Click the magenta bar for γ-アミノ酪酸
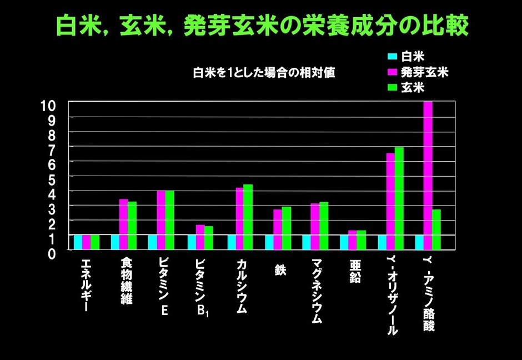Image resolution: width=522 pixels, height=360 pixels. click(428, 175)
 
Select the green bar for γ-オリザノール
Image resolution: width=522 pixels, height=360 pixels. click(399, 198)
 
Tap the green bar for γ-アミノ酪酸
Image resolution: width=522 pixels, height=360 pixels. click(436, 229)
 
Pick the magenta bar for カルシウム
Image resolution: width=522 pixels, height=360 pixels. click(239, 218)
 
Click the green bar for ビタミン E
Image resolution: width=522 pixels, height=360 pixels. click(169, 220)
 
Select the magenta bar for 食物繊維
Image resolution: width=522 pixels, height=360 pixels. click(123, 224)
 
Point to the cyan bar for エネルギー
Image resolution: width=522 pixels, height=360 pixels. click(78, 242)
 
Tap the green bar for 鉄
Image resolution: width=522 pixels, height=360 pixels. click(286, 228)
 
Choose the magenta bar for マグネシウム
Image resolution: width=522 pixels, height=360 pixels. click(315, 226)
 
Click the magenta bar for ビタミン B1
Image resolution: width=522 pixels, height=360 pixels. click(200, 237)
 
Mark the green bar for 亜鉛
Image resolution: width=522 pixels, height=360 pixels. click(361, 240)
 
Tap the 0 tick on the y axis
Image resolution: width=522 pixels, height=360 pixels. click(53, 253)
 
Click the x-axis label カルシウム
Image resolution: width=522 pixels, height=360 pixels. click(242, 287)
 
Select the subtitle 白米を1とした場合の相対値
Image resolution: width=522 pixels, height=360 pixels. click(264, 73)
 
